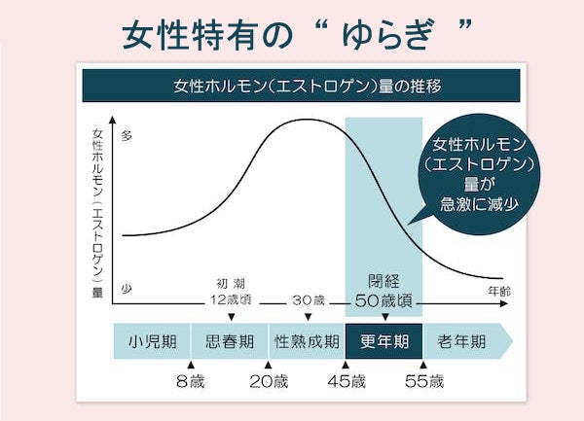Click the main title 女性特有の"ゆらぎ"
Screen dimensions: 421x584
click(x=292, y=35)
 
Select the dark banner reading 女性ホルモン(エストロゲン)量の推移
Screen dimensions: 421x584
click(x=292, y=86)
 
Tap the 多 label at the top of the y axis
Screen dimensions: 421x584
click(x=127, y=136)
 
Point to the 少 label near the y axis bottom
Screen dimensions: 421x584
click(x=127, y=289)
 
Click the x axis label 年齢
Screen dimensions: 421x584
click(x=497, y=290)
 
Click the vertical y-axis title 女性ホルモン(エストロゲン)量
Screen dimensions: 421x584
click(x=97, y=211)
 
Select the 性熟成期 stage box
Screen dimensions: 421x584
click(x=307, y=342)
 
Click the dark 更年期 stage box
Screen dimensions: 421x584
click(x=383, y=342)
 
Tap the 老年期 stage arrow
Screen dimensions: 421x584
click(x=461, y=342)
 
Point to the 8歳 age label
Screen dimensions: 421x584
click(x=190, y=381)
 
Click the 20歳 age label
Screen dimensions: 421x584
click(x=269, y=381)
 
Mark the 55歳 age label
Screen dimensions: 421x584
click(x=423, y=381)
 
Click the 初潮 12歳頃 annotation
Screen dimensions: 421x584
click(x=231, y=291)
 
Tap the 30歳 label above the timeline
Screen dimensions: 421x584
click(x=308, y=298)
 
